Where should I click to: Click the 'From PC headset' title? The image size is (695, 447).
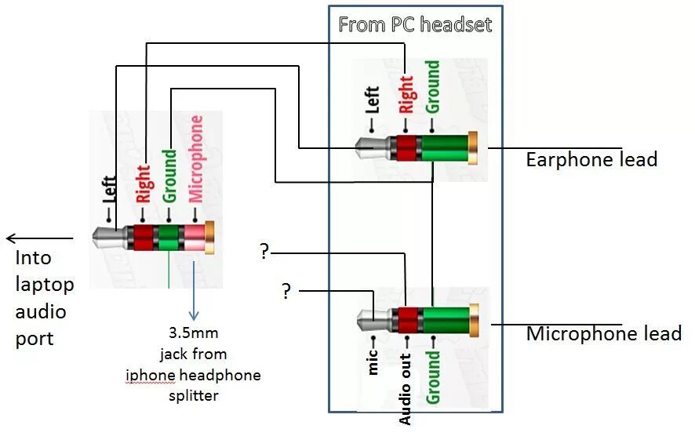pos(415,24)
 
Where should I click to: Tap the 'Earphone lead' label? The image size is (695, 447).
pos(591,160)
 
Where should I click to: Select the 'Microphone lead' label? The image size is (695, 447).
pos(603,334)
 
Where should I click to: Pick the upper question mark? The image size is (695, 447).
pos(264,253)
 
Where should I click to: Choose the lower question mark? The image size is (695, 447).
pos(286,292)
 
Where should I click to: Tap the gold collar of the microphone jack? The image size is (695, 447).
pos(473,322)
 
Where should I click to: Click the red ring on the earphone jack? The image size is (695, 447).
pos(406,147)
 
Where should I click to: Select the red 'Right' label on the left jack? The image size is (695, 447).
pos(143,183)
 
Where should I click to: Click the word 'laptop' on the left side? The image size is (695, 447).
pos(44,285)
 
